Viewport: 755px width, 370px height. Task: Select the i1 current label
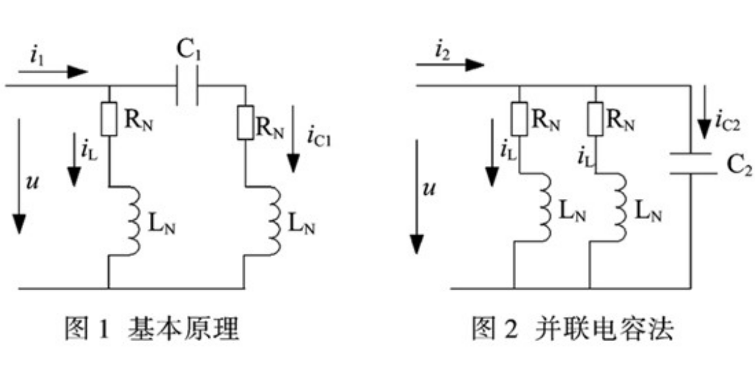click(35, 57)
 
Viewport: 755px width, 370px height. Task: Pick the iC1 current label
click(318, 136)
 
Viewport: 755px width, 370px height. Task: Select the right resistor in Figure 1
click(245, 123)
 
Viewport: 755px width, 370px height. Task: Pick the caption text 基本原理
click(183, 328)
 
